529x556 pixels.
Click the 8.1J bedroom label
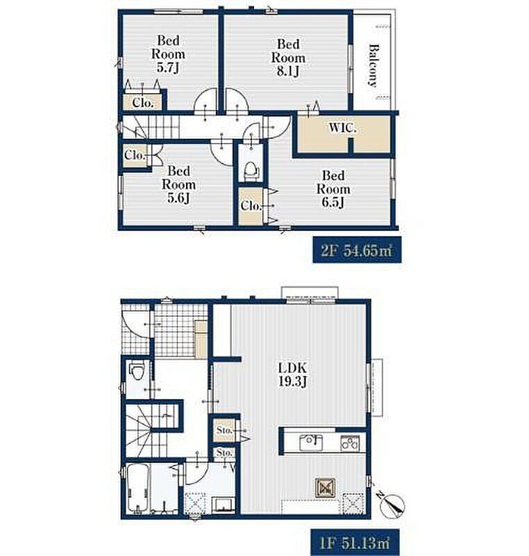click(288, 58)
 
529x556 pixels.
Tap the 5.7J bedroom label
click(168, 54)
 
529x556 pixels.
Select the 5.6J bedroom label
click(179, 184)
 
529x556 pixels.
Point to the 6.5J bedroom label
click(333, 188)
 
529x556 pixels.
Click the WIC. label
click(342, 128)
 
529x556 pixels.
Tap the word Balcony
click(373, 65)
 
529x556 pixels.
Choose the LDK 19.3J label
click(293, 375)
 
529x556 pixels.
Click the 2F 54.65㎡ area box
click(357, 250)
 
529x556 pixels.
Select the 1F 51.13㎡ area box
click(355, 542)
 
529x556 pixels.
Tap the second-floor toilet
click(251, 171)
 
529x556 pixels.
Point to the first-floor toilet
click(136, 371)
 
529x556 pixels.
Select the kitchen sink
click(311, 442)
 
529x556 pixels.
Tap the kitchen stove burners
click(350, 443)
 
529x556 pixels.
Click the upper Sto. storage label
click(224, 430)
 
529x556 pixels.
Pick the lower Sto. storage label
click(224, 453)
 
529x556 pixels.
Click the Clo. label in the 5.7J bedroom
click(143, 103)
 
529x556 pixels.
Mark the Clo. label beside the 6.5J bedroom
click(251, 205)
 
